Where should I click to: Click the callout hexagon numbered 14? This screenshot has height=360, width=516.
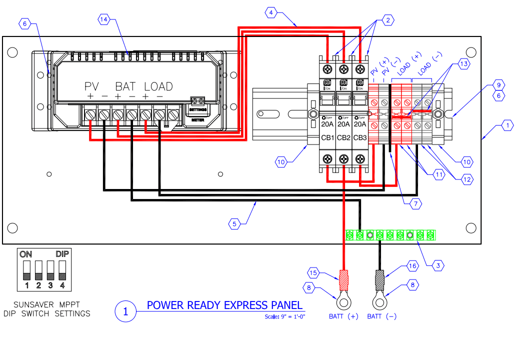click(103, 19)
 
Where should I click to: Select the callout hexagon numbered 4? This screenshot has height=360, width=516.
click(270, 12)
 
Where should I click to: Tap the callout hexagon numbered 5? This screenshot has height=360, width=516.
click(235, 223)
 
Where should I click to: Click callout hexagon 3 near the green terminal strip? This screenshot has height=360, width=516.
click(437, 265)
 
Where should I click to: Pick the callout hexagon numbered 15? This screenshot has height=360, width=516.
click(313, 272)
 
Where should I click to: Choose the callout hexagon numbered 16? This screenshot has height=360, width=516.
click(411, 266)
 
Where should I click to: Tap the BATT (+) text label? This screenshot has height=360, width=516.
click(343, 316)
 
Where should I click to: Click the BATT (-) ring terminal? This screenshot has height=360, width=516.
click(381, 301)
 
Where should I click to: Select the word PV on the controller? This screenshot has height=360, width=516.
click(92, 86)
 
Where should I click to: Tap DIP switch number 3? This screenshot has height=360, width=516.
click(50, 269)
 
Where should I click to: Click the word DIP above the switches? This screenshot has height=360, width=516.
click(62, 254)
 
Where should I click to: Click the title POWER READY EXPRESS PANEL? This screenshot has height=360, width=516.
click(224, 305)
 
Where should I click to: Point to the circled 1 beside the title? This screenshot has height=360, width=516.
click(125, 311)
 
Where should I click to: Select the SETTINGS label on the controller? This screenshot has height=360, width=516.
click(197, 109)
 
